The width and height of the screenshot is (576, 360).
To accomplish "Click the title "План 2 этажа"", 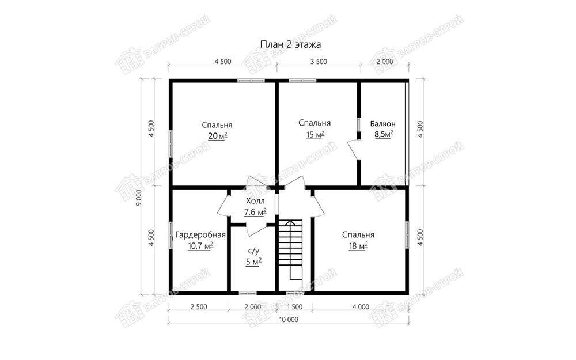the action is click(x=290, y=44).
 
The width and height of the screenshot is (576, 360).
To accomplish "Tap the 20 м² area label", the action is click(x=218, y=137).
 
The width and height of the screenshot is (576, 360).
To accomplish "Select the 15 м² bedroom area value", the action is click(x=315, y=135).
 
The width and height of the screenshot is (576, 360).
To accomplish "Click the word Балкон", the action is click(x=383, y=124).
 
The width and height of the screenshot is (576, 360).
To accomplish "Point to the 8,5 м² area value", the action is click(x=384, y=134).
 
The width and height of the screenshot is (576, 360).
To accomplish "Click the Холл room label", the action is click(x=255, y=201).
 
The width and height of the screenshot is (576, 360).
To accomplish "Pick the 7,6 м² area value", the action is click(x=255, y=212).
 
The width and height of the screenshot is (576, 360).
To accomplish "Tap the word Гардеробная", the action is click(x=200, y=235).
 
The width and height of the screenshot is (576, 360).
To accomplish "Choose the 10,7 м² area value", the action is click(x=200, y=246).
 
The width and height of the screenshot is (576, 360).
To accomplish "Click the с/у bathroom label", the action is click(x=253, y=251).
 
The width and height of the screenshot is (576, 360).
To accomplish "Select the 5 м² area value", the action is click(x=253, y=262).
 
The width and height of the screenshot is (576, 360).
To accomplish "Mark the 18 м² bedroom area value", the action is click(x=358, y=246).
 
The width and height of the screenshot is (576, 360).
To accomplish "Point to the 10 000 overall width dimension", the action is click(x=289, y=319).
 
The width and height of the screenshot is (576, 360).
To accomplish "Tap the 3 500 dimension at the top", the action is click(x=319, y=62).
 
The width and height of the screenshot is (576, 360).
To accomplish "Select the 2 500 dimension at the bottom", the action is click(x=199, y=307).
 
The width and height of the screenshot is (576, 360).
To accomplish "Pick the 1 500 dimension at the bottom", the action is click(x=294, y=307).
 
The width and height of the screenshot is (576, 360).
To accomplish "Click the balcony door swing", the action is click(x=354, y=150).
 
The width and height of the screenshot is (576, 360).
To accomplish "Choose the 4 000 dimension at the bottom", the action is click(x=361, y=307).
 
